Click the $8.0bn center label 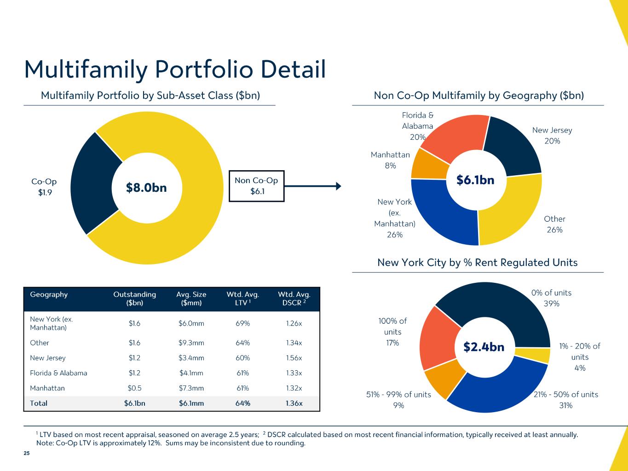(x=146, y=188)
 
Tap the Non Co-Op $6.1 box (x=256, y=186)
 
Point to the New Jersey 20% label (x=552, y=136)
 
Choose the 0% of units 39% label (x=551, y=298)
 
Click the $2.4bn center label (x=484, y=347)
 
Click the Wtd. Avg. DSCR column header (x=294, y=299)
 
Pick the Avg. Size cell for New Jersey (x=191, y=358)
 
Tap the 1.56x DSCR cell (x=294, y=358)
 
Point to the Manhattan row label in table (x=47, y=388)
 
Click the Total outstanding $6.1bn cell (x=134, y=403)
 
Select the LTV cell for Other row (x=242, y=343)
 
